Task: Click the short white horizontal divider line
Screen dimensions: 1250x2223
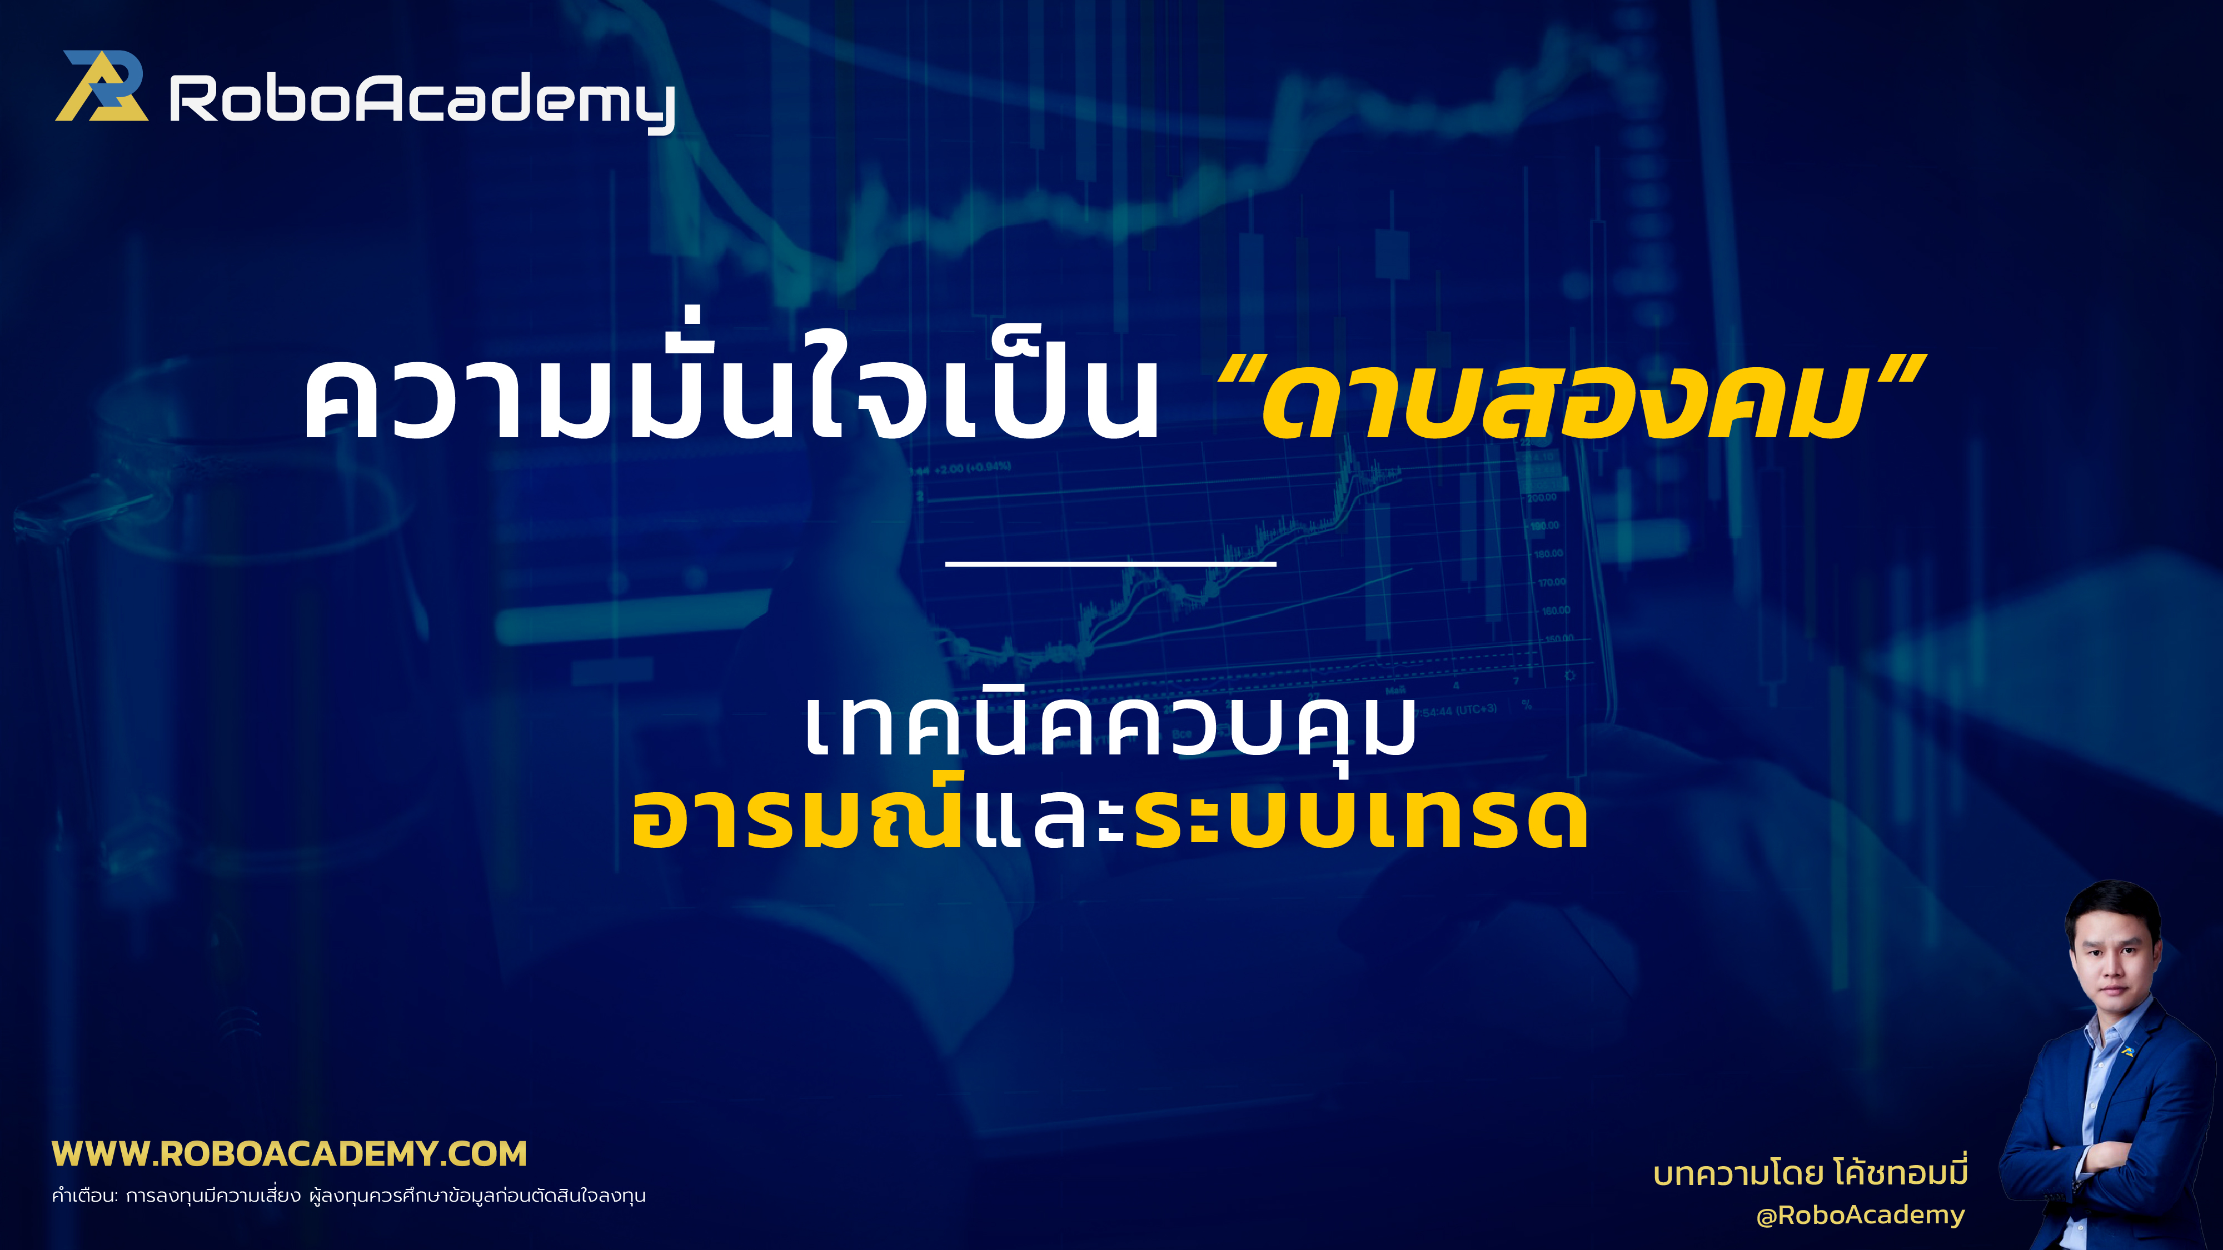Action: (x=1110, y=563)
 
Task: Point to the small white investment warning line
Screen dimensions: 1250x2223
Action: (x=348, y=1196)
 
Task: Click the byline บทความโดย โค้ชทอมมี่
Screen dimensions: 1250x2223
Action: (x=1810, y=1173)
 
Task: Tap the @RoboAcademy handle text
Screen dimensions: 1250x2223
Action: (x=1860, y=1214)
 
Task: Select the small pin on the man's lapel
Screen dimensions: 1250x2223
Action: (x=2128, y=1051)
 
